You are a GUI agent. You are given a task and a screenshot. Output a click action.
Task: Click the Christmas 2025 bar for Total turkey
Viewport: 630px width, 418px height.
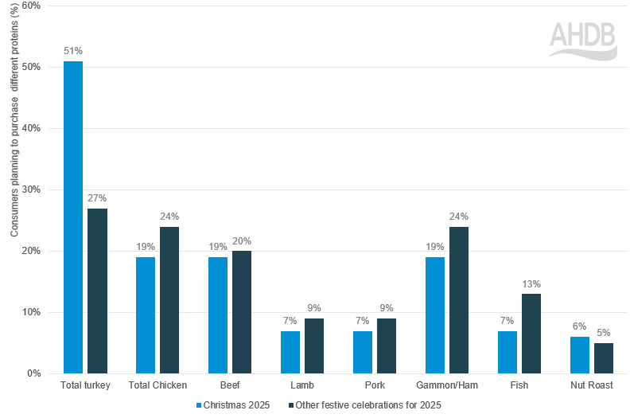pos(73,217)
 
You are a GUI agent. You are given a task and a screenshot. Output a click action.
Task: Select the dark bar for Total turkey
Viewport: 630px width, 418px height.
pos(97,291)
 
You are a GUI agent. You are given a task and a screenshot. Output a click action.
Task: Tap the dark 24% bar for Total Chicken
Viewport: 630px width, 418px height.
pos(169,299)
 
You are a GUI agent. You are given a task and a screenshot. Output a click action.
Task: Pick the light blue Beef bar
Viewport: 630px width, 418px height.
pos(218,314)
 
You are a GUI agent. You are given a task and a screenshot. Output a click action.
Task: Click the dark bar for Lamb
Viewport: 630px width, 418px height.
pos(314,346)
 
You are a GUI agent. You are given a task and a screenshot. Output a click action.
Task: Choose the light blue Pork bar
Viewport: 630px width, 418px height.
pos(362,352)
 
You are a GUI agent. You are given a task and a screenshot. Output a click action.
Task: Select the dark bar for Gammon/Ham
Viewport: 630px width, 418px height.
pos(459,299)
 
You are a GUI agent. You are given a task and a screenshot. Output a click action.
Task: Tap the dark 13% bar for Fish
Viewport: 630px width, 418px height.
pos(531,333)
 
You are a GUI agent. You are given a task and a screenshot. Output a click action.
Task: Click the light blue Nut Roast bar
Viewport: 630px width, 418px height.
pos(579,355)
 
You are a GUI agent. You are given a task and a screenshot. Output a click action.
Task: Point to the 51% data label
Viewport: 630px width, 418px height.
pos(73,51)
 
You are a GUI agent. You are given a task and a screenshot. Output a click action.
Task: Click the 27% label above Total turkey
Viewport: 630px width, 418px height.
pos(97,198)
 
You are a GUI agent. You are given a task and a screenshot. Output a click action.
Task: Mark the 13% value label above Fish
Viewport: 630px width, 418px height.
pos(531,284)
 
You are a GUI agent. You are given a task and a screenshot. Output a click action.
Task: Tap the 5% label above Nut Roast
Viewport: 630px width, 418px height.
pos(604,333)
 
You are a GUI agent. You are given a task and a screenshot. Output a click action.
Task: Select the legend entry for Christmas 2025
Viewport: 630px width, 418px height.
pos(234,405)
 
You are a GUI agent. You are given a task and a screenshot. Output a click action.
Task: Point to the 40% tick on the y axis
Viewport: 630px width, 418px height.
pos(32,128)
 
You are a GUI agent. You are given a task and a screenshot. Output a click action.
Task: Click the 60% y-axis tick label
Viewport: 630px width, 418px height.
pos(32,6)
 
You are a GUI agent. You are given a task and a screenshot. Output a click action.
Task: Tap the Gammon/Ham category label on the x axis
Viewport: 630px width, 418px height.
pos(446,385)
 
